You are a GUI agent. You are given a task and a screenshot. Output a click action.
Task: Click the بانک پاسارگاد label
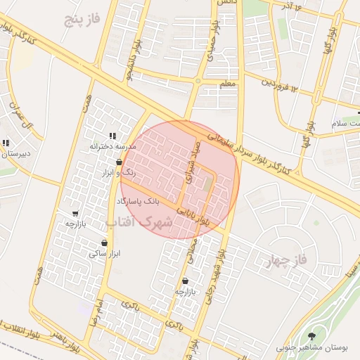138,202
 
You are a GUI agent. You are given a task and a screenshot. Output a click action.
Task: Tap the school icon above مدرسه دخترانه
112,136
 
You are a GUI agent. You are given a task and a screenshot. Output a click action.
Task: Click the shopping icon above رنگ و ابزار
119,162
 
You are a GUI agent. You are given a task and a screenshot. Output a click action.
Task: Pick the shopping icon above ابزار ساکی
104,243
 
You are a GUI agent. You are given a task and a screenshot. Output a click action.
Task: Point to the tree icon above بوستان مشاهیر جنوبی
312,335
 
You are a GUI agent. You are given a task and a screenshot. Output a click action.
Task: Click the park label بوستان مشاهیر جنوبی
312,348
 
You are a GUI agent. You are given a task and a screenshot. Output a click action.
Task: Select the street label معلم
229,84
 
